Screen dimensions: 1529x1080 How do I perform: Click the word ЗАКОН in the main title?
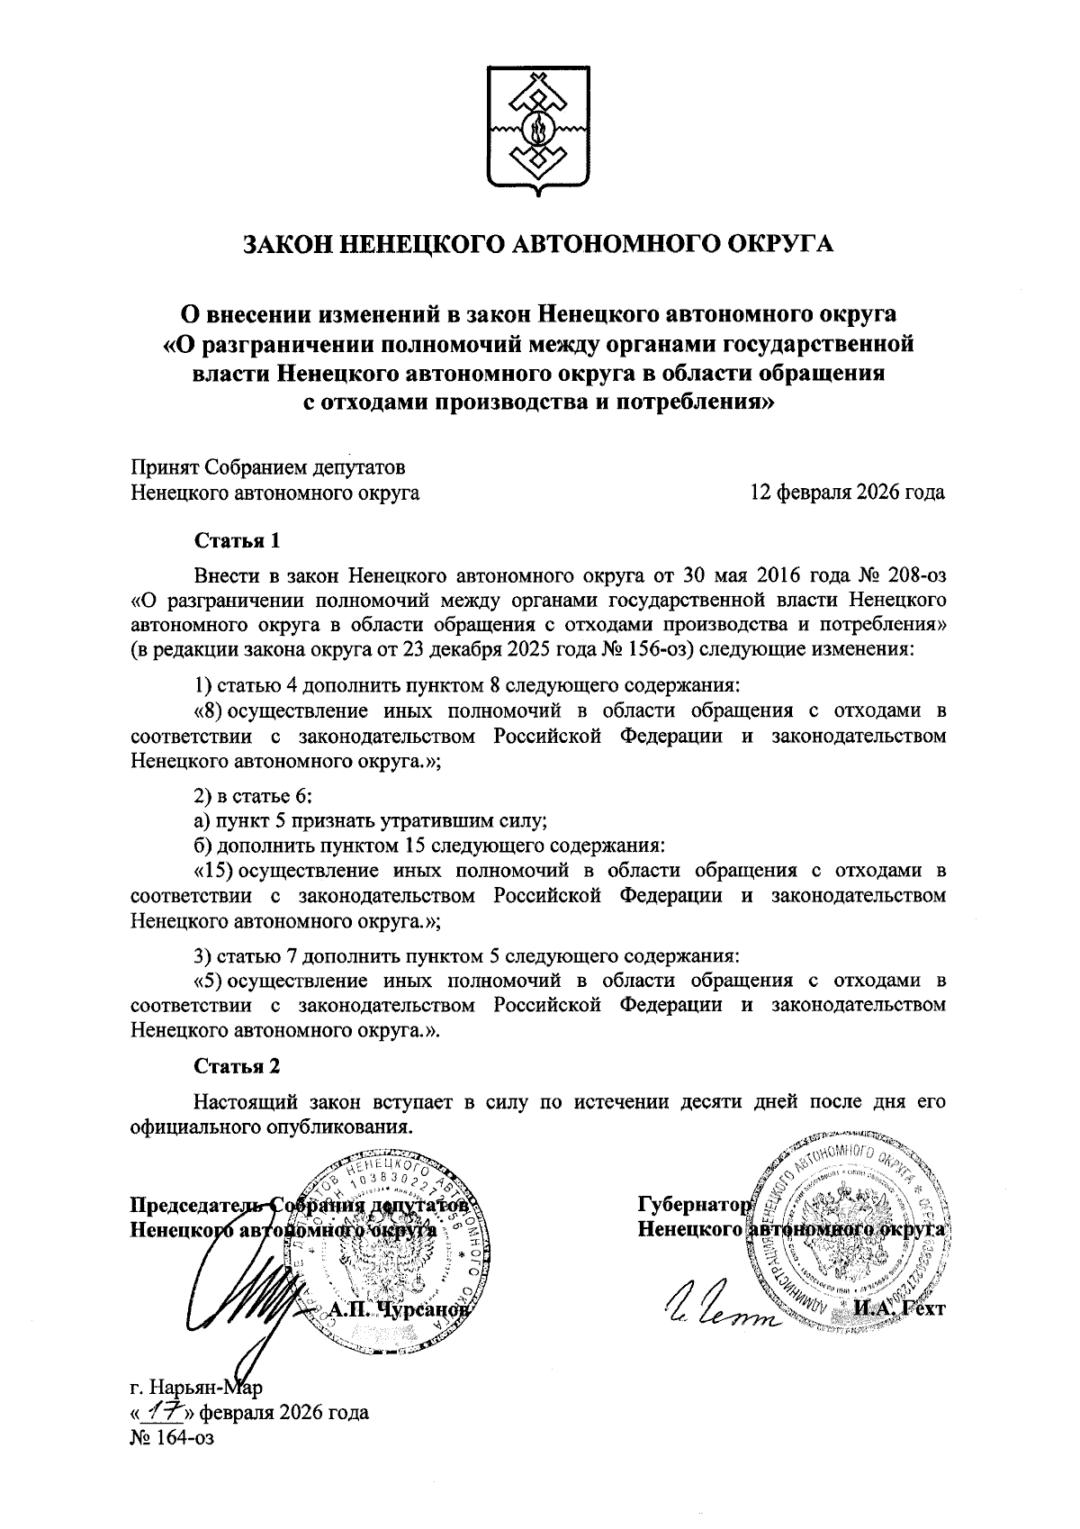pos(290,244)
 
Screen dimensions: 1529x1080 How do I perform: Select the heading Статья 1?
pos(238,541)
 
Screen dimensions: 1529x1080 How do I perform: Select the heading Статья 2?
pos(238,1066)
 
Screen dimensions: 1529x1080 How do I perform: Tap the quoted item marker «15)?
pos(214,872)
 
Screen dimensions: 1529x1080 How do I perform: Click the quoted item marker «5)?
pos(208,980)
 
